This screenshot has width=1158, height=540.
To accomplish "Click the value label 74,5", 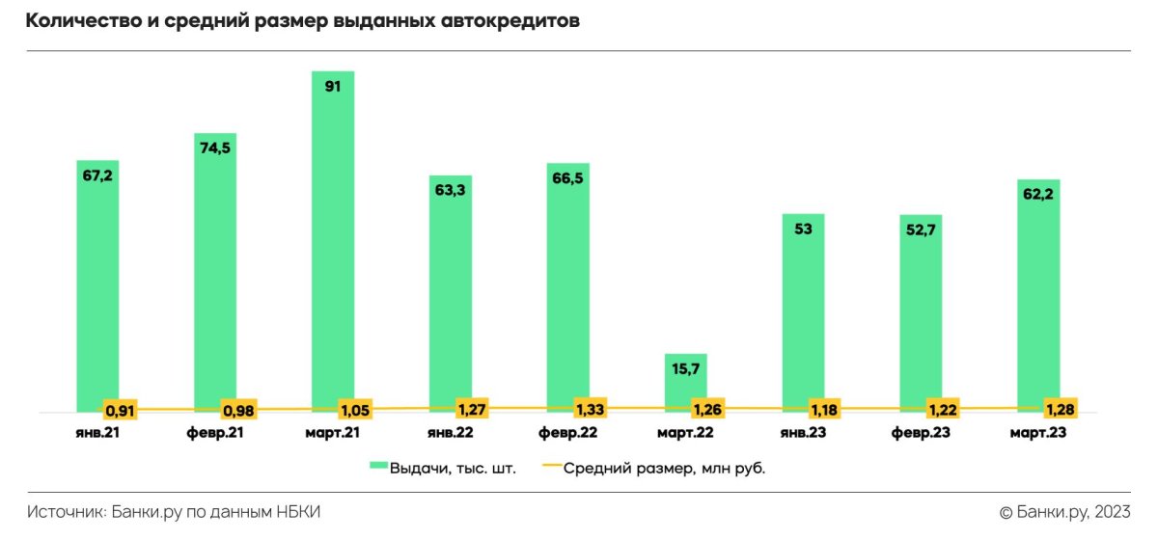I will [215, 148].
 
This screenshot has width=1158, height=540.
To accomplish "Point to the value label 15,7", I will [685, 368].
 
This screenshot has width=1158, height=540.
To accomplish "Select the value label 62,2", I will [1038, 194].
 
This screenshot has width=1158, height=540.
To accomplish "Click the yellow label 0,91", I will [120, 410].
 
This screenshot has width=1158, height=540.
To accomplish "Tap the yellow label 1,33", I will [591, 407].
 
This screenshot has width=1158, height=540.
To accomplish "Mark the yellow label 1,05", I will [355, 409].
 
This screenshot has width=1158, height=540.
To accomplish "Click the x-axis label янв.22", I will [451, 433].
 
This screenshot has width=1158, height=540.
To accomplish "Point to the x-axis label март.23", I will [1038, 433].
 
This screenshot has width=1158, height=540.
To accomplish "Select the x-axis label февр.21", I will [215, 433].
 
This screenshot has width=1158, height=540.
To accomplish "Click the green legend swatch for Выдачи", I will [378, 469].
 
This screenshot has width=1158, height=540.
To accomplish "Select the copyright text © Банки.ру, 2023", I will [1063, 512].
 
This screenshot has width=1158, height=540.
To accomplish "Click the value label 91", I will [332, 85].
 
